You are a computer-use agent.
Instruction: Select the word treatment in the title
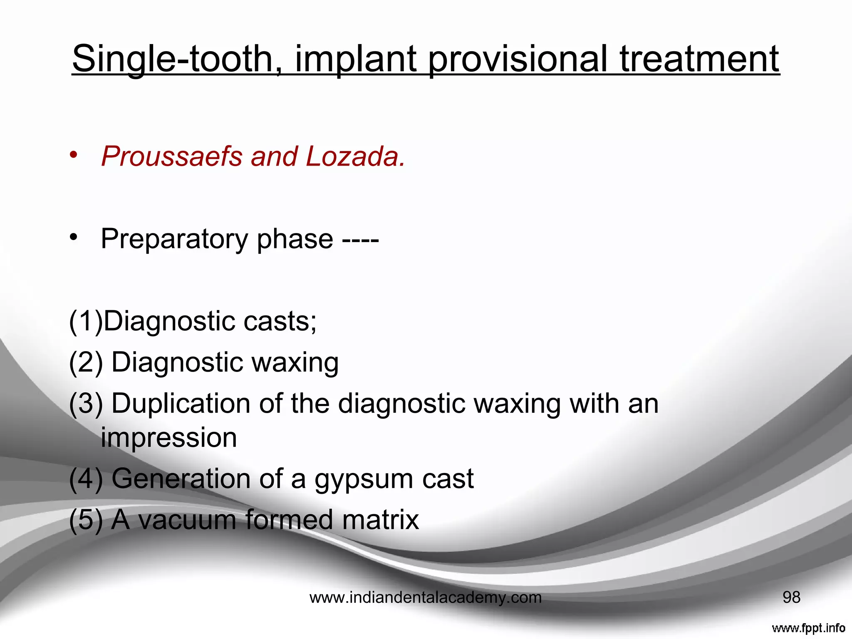coord(699,59)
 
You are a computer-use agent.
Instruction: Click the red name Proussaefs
coord(172,157)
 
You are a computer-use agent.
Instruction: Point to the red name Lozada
coord(355,157)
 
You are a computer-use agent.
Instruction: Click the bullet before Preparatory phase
coord(74,238)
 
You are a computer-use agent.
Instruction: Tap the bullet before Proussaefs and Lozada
coord(74,155)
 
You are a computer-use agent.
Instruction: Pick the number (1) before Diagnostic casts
coord(85,322)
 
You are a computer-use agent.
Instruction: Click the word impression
coord(169,438)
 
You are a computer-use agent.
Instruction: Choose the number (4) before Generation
coord(86,479)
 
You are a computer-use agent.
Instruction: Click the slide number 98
coord(791,597)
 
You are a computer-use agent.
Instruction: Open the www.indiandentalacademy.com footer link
coord(425,598)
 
